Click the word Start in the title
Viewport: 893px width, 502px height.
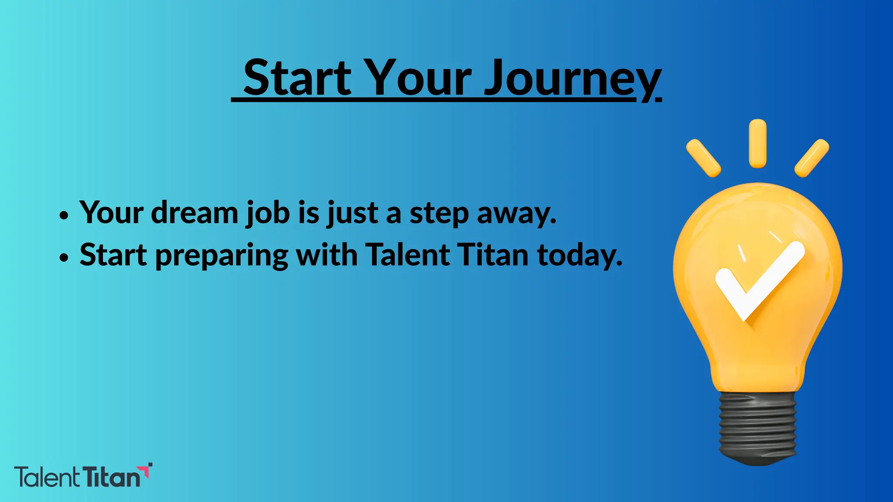pos(297,78)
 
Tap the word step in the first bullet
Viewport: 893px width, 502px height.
pos(439,214)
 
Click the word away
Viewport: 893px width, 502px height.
pos(516,214)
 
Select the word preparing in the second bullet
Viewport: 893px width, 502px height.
pos(222,256)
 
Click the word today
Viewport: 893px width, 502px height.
pos(579,256)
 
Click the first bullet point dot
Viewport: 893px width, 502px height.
pos(64,215)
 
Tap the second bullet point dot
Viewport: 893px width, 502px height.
pos(64,257)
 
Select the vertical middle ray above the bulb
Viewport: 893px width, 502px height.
pos(757,143)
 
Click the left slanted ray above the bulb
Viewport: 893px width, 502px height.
pos(703,158)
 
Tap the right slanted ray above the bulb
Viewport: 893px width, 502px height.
pos(811,158)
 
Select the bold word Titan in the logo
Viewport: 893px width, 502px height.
pos(111,478)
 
